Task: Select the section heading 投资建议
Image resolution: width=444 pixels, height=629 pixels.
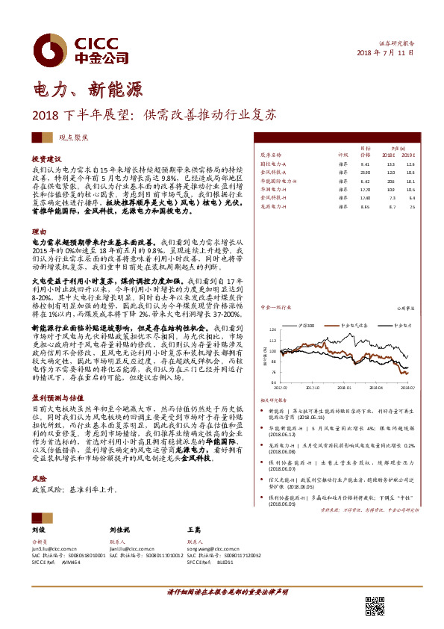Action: click(46, 160)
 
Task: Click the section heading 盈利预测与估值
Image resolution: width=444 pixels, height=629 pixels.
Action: click(57, 397)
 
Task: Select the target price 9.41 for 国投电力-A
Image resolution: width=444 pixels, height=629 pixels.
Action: click(365, 163)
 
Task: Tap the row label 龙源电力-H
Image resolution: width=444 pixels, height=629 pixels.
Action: click(275, 208)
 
